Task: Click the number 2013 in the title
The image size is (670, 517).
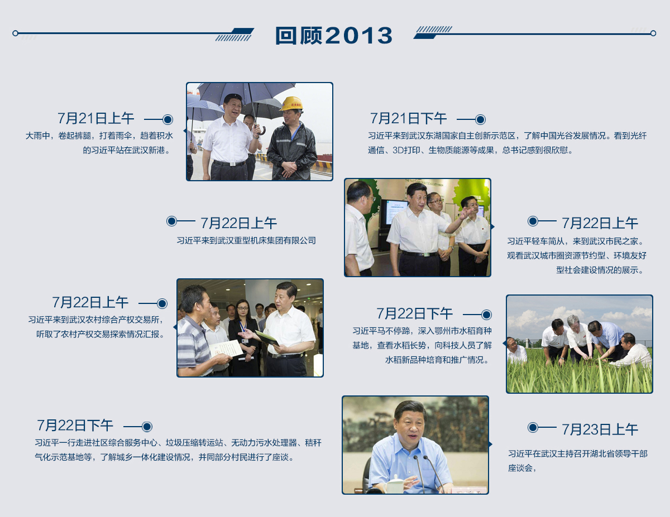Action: coord(358,35)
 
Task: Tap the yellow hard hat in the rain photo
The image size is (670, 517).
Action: coord(291,104)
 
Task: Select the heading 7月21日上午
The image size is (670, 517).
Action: coord(96,119)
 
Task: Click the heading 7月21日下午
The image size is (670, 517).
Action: coord(408,119)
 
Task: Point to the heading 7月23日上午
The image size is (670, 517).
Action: coord(600,429)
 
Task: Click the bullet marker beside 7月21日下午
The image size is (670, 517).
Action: coord(480,119)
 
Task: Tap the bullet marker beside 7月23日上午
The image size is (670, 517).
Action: coord(533,427)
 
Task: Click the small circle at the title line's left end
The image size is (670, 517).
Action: coord(15,33)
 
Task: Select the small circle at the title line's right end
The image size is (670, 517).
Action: coord(653,33)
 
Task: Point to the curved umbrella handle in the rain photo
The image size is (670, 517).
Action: coord(261,131)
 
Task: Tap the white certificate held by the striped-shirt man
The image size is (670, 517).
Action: coord(226,350)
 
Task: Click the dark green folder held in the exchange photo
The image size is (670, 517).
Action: coord(267,338)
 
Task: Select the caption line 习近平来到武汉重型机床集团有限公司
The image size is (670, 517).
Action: coord(246,240)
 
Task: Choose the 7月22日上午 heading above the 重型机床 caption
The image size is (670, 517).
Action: coord(238,223)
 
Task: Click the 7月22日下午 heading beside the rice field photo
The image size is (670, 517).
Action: coord(414,313)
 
